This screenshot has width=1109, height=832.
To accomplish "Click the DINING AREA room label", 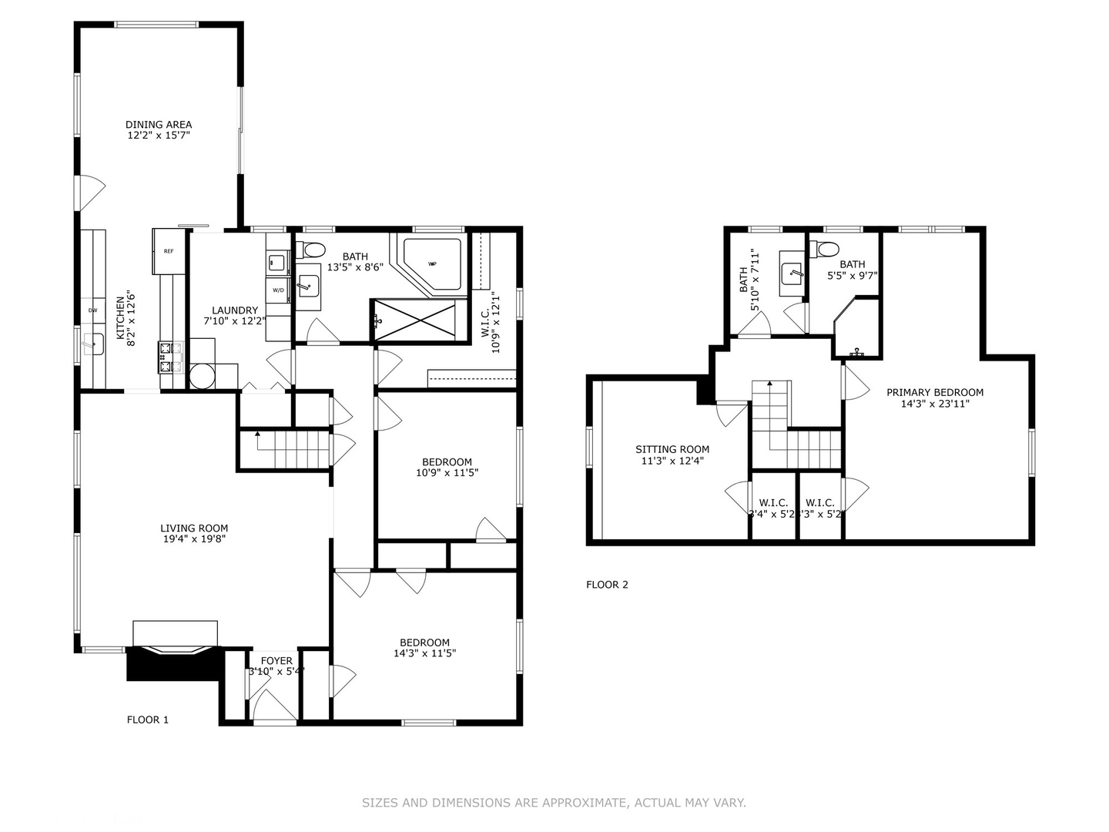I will [159, 125].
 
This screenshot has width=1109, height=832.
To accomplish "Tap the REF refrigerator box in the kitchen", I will [169, 251].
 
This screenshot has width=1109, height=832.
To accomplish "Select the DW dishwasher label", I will [93, 310].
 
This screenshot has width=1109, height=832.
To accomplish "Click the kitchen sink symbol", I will [94, 344].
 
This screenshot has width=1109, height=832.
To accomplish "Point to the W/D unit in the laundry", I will [278, 290].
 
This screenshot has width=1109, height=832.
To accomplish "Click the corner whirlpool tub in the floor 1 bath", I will [434, 263].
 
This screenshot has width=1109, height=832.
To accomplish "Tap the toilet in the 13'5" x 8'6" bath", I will [312, 250].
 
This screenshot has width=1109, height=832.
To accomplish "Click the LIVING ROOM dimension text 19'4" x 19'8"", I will [194, 539].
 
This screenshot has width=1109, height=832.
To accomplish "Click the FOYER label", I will [276, 661].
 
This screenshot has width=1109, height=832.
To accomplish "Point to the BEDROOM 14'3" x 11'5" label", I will [424, 642].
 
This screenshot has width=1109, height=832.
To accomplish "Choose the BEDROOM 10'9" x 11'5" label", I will [447, 462].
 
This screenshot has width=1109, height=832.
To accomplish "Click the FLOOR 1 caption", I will [148, 720].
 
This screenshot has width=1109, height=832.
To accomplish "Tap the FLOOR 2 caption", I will [607, 585].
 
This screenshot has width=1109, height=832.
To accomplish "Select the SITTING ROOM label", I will [672, 449].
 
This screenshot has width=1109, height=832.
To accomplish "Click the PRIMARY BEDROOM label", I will [934, 392].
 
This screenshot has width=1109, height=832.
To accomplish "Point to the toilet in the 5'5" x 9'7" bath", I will [828, 250].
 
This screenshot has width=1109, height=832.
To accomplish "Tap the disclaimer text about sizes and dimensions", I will [554, 803].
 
